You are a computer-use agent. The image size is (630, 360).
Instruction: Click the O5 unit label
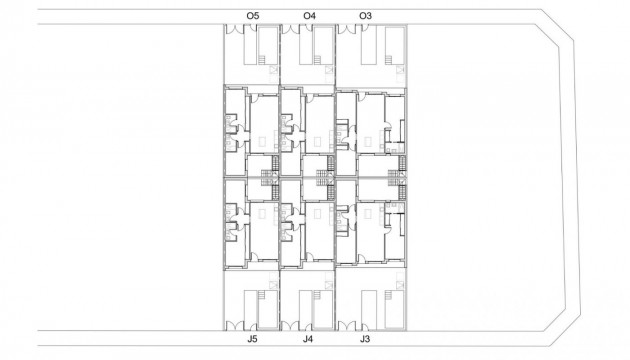(252, 16)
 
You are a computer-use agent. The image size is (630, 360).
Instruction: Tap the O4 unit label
(309, 16)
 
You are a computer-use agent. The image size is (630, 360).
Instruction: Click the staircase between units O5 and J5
(268, 178)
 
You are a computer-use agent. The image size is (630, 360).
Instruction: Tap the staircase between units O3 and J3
(402, 178)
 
